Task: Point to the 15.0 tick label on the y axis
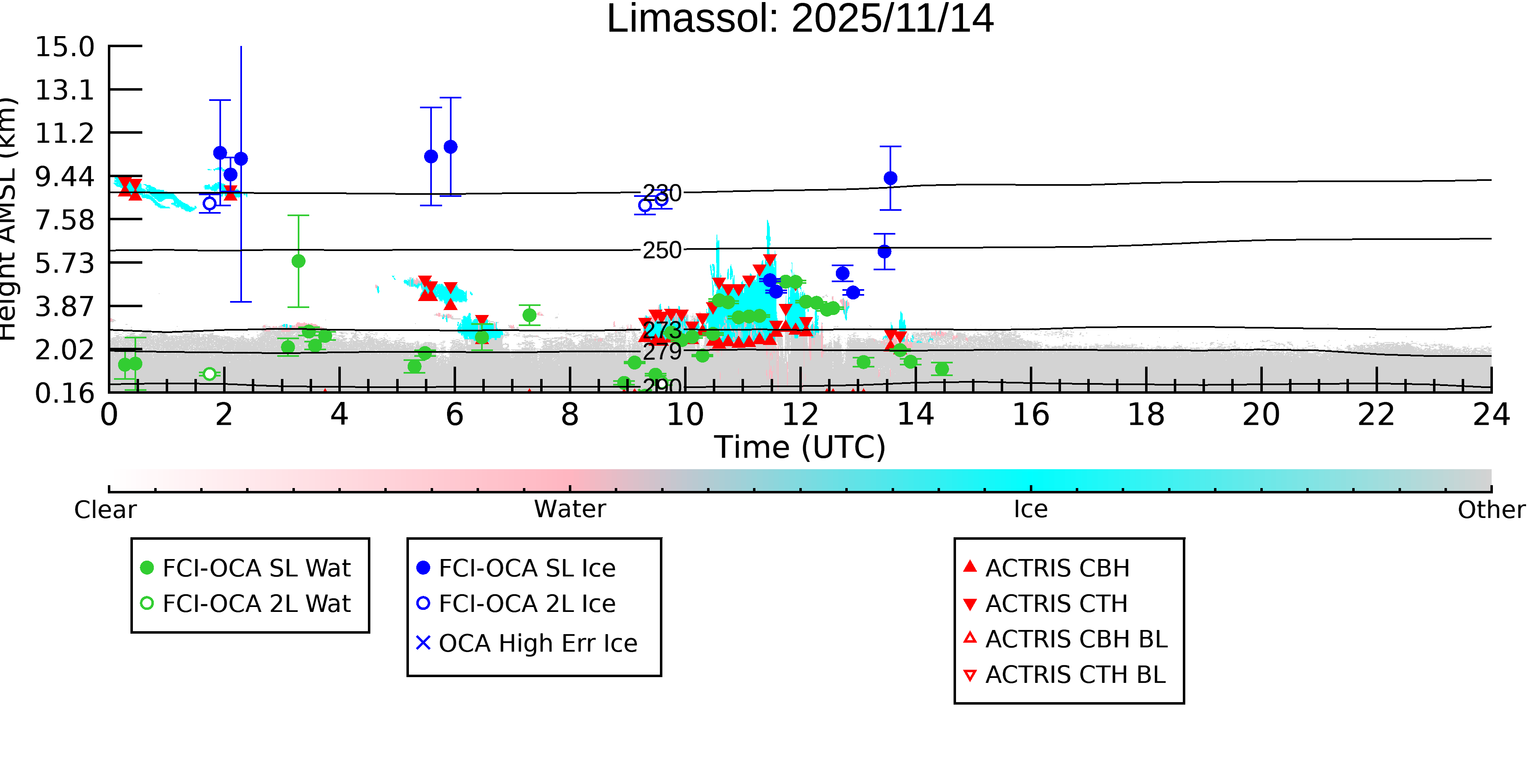pyautogui.click(x=64, y=47)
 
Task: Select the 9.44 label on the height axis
pyautogui.click(x=64, y=177)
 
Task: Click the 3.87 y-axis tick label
pyautogui.click(x=64, y=307)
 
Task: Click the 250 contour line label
pyautogui.click(x=662, y=250)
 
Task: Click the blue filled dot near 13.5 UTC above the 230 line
pyautogui.click(x=890, y=178)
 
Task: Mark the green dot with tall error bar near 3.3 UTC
pyautogui.click(x=299, y=261)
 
